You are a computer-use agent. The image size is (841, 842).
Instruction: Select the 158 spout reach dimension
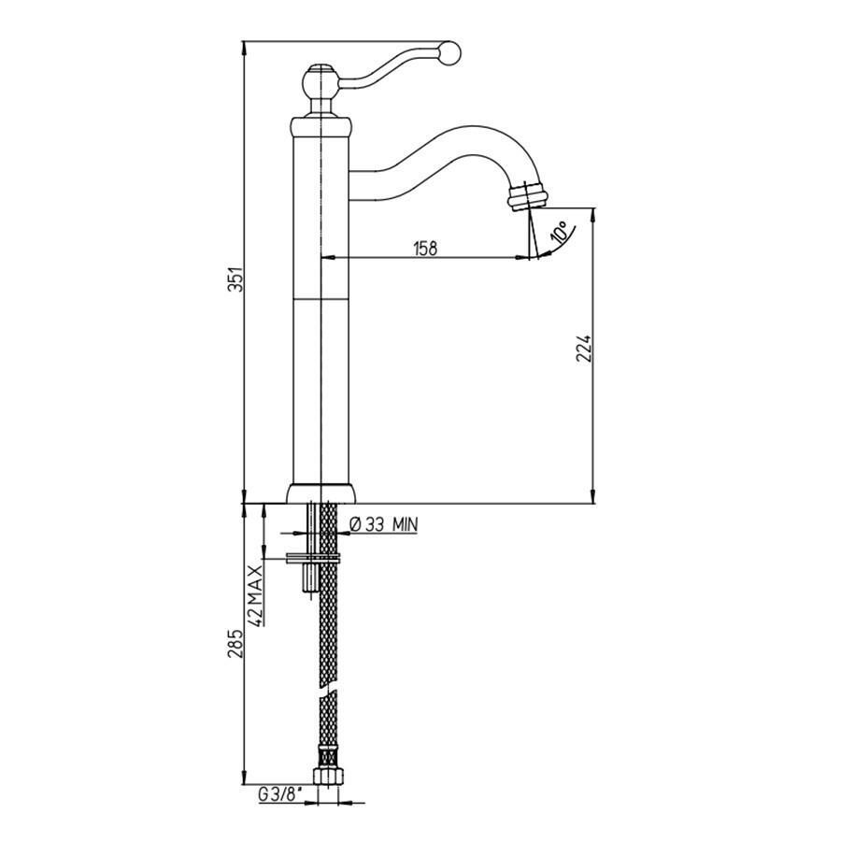tap(425, 248)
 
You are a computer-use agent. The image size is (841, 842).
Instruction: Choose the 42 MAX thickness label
tap(257, 595)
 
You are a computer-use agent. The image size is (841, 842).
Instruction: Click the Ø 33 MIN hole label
tap(383, 523)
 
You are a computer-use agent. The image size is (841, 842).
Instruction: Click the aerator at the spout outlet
tap(528, 195)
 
